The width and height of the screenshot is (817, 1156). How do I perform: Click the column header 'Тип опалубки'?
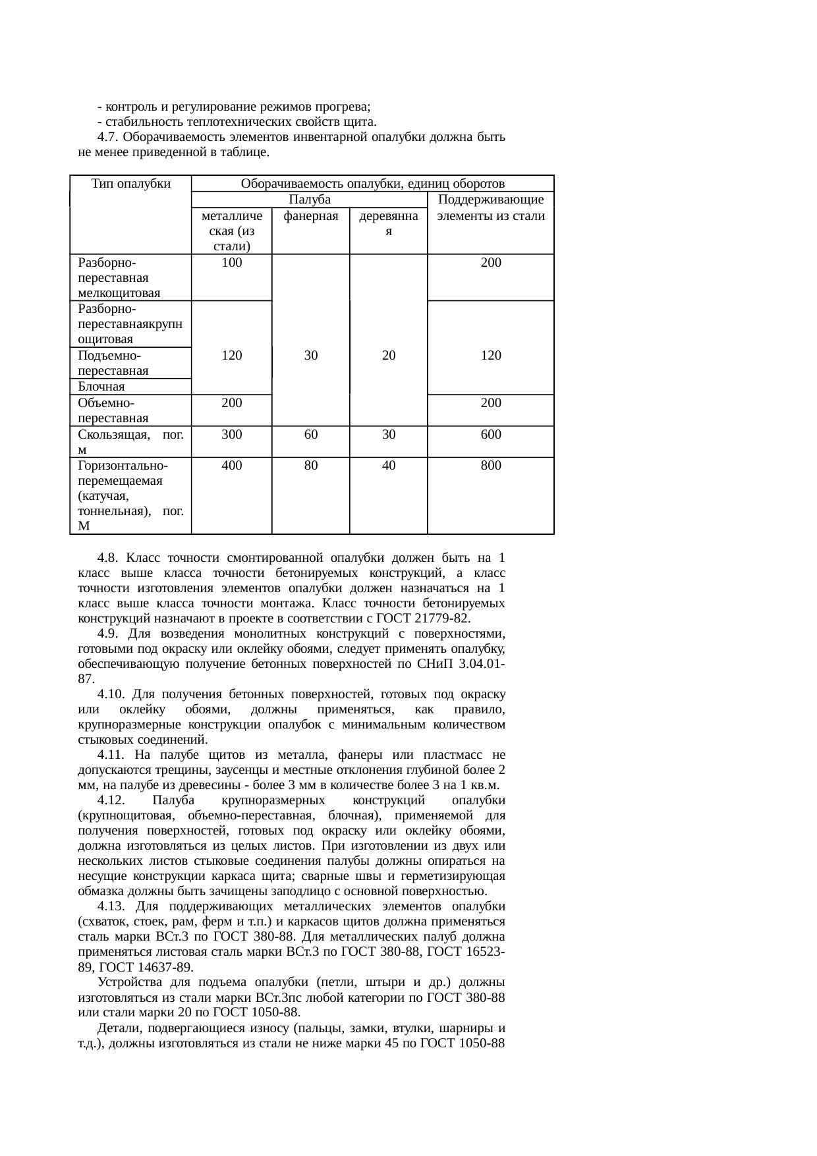pos(130,184)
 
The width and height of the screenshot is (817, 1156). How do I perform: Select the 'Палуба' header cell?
pos(309,200)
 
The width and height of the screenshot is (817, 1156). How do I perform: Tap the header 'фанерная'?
pos(310,216)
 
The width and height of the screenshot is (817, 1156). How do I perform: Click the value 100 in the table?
pos(231,263)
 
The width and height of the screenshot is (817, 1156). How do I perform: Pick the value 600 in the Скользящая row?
pos(490,435)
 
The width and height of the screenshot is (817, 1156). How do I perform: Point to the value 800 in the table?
pos(490,466)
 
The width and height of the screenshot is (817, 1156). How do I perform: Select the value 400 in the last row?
pos(231,466)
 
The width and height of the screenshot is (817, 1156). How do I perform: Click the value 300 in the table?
pos(231,435)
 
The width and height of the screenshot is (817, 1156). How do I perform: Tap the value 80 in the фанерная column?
pos(311,466)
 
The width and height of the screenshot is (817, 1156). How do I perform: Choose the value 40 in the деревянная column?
pos(389,466)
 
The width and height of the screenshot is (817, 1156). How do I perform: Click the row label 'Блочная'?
pos(101,387)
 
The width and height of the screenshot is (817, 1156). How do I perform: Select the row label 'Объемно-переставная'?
pos(112,410)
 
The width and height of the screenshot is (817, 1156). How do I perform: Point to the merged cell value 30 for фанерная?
pos(311,356)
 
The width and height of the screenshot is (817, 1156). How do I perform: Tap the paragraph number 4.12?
pos(111,800)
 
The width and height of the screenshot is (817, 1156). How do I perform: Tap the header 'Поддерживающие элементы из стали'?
pos(490,207)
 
